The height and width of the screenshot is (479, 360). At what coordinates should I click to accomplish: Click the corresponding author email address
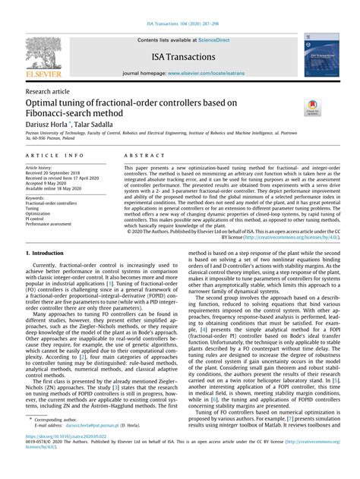tap(81, 449)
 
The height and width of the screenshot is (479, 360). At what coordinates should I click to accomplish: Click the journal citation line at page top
tap(179, 6)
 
